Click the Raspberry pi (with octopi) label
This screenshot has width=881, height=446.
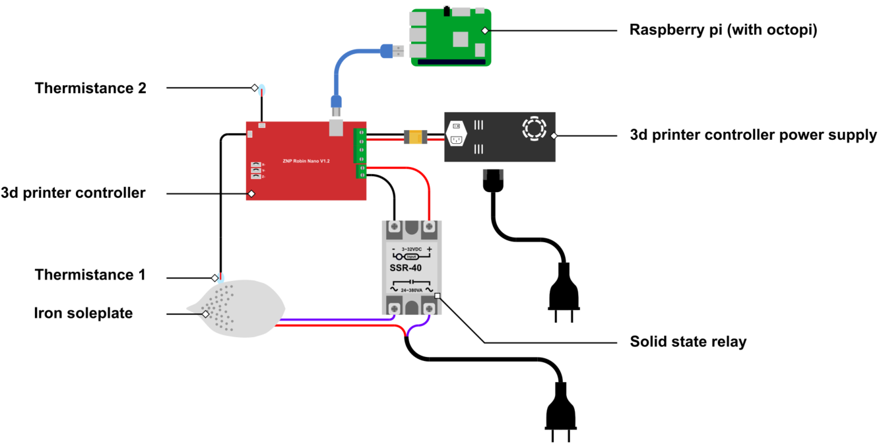723,30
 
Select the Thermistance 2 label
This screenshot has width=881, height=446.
90,88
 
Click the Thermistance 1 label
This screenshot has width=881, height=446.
90,274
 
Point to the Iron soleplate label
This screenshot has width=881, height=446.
83,313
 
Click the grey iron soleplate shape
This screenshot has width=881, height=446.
238,310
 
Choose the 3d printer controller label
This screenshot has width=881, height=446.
73,193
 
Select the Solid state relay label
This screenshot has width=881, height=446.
688,342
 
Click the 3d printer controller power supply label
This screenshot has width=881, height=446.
753,135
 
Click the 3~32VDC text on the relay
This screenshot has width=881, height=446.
412,249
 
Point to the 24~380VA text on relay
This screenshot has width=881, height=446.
412,289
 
